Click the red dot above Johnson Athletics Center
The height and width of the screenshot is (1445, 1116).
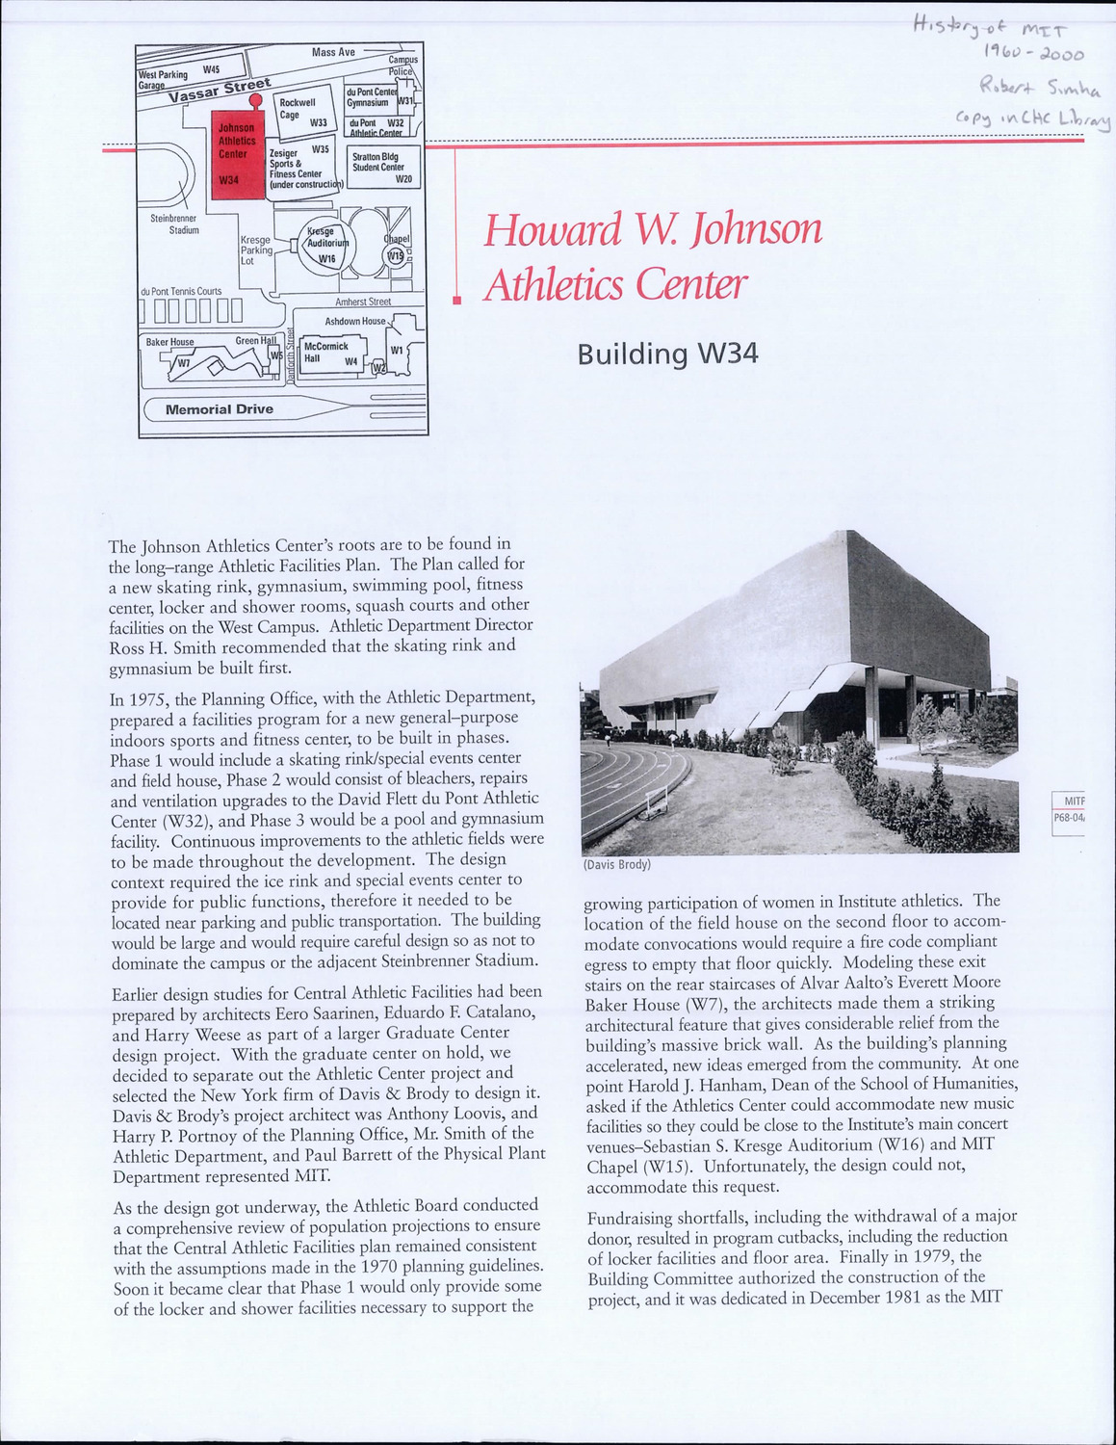[x=255, y=100]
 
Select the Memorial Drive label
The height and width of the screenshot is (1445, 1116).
[x=220, y=409]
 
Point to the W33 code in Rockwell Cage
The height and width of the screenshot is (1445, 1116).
[x=319, y=122]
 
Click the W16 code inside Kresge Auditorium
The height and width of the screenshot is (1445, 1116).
[x=327, y=259]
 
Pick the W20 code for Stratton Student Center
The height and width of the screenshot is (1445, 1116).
[x=403, y=179]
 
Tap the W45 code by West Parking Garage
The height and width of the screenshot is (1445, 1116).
[x=211, y=70]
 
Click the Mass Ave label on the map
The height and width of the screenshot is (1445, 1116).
[x=333, y=51]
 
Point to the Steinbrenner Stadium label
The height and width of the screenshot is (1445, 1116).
[x=174, y=224]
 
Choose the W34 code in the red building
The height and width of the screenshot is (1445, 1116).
[x=229, y=180]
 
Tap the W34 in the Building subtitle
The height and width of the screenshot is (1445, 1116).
[x=729, y=355]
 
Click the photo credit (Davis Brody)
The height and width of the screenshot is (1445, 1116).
[x=617, y=865]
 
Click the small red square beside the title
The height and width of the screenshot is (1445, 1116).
[x=457, y=302]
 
